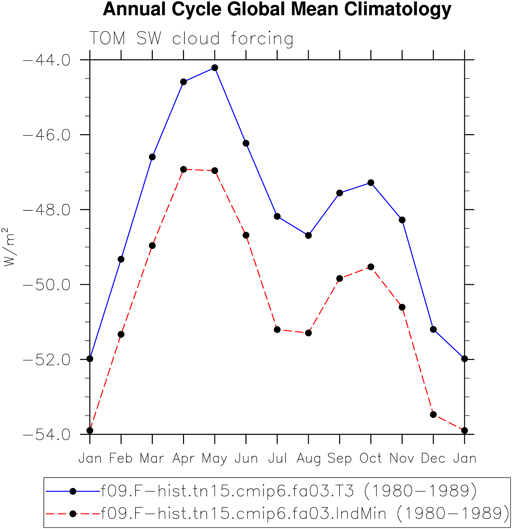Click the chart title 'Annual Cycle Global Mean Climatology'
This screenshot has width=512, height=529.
pos(277,10)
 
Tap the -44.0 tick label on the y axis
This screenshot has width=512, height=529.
pos(47,60)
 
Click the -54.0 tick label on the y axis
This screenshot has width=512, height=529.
pos(47,435)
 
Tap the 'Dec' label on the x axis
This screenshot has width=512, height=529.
pos(433,458)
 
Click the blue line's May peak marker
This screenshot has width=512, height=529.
pos(215,68)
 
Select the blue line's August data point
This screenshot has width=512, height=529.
pos(308,236)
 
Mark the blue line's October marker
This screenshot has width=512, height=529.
pos(371,183)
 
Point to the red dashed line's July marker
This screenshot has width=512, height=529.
pos(277,329)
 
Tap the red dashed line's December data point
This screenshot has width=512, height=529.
pos(433,415)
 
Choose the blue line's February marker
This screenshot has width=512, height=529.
pos(121,259)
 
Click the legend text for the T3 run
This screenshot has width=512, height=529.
pos(289,491)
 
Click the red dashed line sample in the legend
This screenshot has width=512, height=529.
pos(73,514)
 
